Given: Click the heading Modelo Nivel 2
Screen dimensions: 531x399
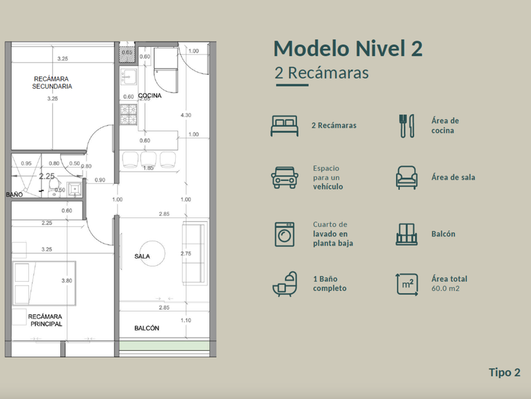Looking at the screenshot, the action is (348, 48).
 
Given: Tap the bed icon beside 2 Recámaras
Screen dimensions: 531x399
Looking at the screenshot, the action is (284, 126).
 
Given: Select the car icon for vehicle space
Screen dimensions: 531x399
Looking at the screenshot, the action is (284, 177).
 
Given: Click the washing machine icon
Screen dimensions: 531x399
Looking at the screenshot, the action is (284, 234).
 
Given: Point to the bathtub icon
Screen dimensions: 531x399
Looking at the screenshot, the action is (285, 284).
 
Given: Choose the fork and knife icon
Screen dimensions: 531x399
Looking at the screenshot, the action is (406, 126).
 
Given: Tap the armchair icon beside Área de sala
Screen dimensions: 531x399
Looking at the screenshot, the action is (406, 177).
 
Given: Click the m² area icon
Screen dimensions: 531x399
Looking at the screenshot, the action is (406, 284).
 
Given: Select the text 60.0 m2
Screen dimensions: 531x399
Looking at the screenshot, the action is (445, 289).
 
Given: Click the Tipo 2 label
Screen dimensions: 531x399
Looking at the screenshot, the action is (504, 372).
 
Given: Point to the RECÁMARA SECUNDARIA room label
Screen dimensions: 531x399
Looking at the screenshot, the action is (52, 82).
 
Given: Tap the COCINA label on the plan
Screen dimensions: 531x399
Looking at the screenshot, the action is (150, 96).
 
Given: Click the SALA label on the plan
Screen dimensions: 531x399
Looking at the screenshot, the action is (142, 256).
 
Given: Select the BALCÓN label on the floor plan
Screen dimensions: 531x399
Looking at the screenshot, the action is (147, 328).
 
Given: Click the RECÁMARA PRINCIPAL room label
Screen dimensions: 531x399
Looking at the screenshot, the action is (46, 320).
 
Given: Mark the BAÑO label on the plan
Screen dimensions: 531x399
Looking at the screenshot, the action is (14, 194).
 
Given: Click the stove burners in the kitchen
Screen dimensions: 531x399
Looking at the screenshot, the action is (129, 115).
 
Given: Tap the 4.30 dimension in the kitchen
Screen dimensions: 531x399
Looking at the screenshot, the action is (186, 115).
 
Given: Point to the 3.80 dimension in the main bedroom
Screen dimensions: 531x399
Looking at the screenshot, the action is (67, 281).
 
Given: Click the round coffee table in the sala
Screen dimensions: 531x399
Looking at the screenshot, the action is (153, 253).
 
